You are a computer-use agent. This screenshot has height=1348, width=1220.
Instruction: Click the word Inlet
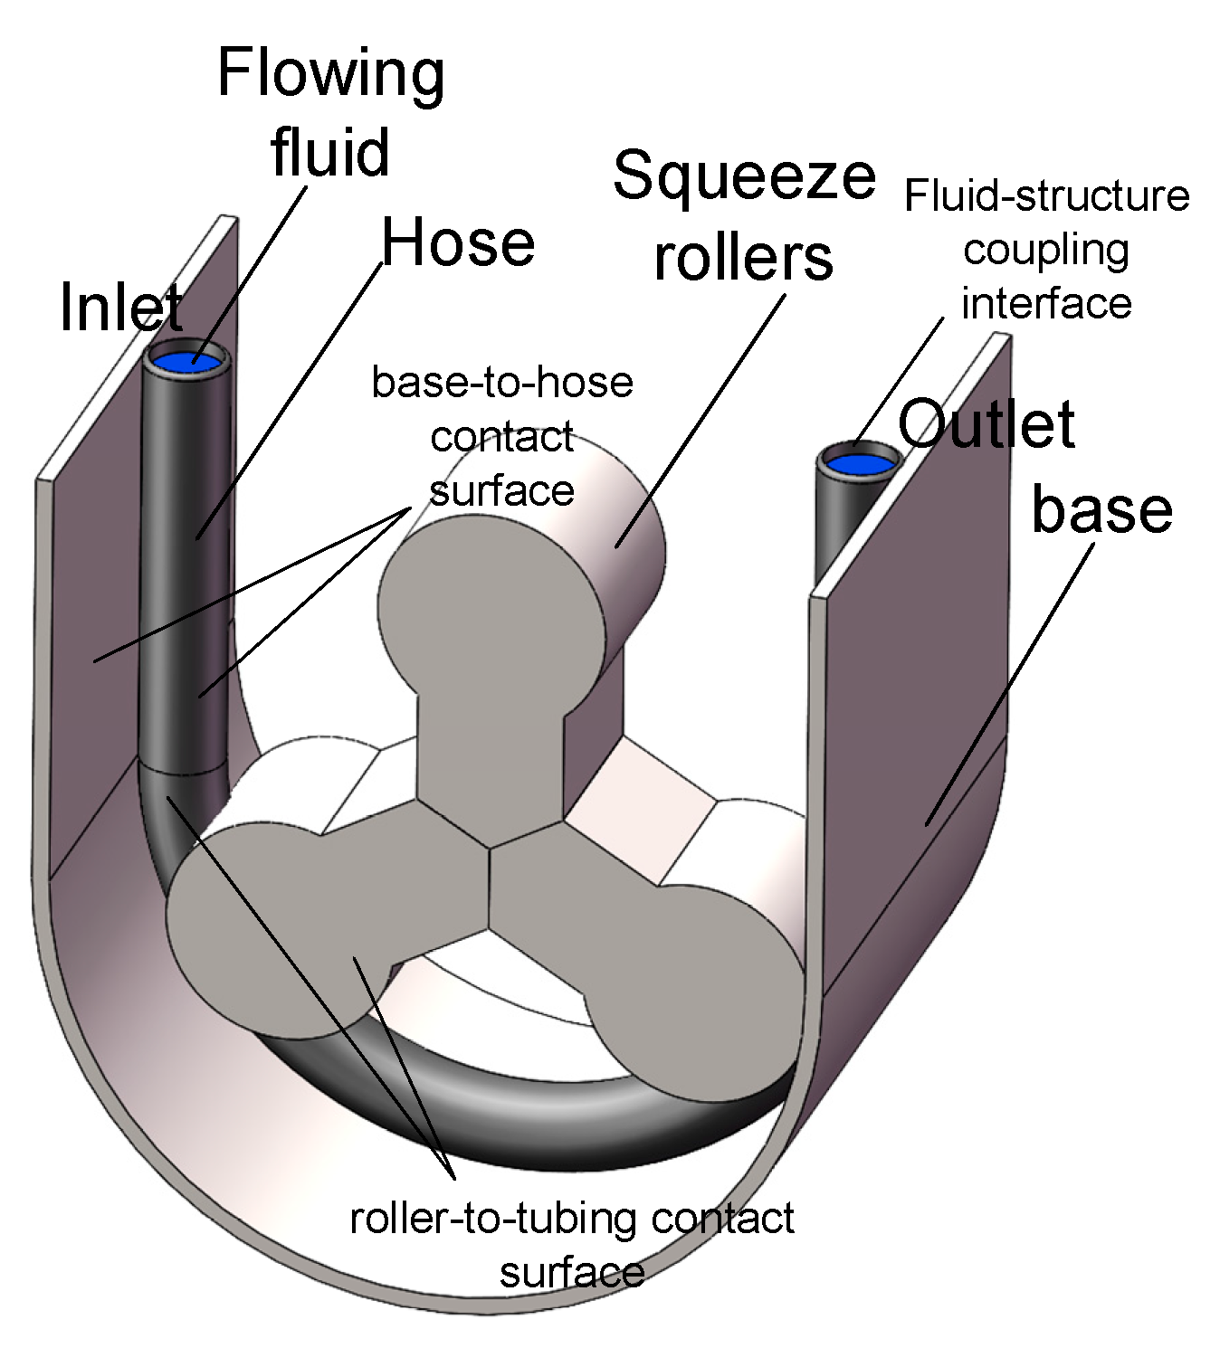(121, 307)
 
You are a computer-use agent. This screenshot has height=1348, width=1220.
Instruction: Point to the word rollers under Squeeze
(743, 257)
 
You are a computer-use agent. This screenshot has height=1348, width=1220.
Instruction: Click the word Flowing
(331, 74)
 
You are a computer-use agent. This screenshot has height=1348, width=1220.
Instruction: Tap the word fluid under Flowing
(330, 151)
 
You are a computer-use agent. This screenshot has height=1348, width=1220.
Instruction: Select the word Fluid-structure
(1046, 195)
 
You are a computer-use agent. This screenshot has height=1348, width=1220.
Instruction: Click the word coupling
(1046, 250)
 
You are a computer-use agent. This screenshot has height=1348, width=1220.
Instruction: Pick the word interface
(1046, 303)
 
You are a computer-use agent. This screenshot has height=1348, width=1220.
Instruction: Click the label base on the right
(1101, 509)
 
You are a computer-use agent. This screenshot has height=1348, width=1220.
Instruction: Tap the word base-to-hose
(502, 382)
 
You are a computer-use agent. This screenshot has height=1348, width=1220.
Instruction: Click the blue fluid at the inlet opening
(187, 363)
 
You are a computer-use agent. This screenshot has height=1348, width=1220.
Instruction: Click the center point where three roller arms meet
(490, 848)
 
